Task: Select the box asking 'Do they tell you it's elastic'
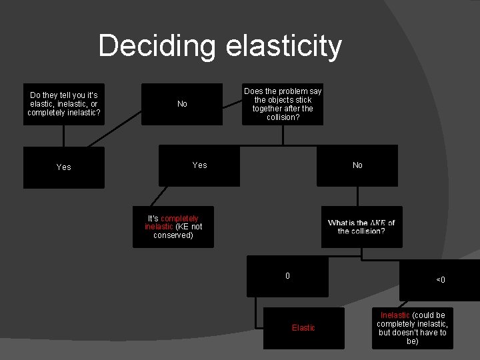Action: point(64,104)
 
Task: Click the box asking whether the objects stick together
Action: point(283,104)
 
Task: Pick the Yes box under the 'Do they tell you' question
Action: point(64,167)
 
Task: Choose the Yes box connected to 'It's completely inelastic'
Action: point(199,165)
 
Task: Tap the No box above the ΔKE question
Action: point(357,165)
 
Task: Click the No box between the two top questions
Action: point(182,104)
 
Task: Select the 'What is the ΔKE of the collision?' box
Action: point(361,227)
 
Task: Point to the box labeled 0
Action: point(287,275)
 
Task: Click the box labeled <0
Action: point(440,280)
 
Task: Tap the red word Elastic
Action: point(303,327)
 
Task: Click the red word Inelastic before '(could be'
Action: point(395,315)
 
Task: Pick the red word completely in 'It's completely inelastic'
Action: point(179,219)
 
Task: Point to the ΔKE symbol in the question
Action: point(378,223)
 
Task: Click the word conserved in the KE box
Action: point(173,235)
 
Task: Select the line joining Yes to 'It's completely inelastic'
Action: point(157,196)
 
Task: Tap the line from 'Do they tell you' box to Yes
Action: point(64,135)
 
